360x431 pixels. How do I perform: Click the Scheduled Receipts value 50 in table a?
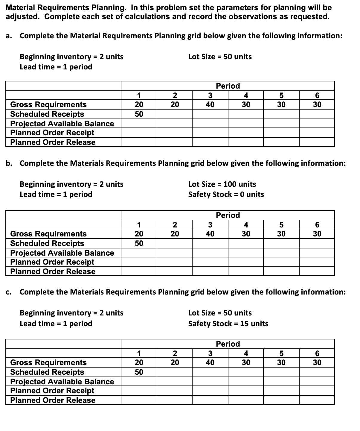[139, 114]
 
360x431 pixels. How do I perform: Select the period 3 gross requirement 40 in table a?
[210, 104]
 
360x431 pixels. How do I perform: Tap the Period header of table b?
[228, 215]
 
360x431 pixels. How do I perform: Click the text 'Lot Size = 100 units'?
[222, 184]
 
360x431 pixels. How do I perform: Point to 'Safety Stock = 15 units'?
[228, 324]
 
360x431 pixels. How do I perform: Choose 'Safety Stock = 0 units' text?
[226, 194]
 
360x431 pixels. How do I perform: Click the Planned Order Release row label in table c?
[53, 400]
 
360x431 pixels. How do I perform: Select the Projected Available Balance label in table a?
[62, 124]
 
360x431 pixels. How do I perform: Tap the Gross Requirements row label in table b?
[48, 234]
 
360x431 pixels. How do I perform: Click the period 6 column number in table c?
[317, 353]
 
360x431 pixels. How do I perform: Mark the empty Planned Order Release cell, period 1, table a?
[139, 142]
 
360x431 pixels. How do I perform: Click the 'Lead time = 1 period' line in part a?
[56, 67]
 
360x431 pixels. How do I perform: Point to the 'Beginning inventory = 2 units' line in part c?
[71, 313]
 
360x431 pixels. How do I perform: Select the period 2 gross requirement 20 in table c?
[175, 362]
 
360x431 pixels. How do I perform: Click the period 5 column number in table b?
[281, 224]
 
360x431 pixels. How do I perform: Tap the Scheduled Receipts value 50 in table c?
[139, 372]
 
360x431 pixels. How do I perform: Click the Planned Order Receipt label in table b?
[52, 262]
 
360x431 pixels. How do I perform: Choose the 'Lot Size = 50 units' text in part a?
[220, 57]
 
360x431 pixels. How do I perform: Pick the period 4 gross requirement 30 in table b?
[246, 234]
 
